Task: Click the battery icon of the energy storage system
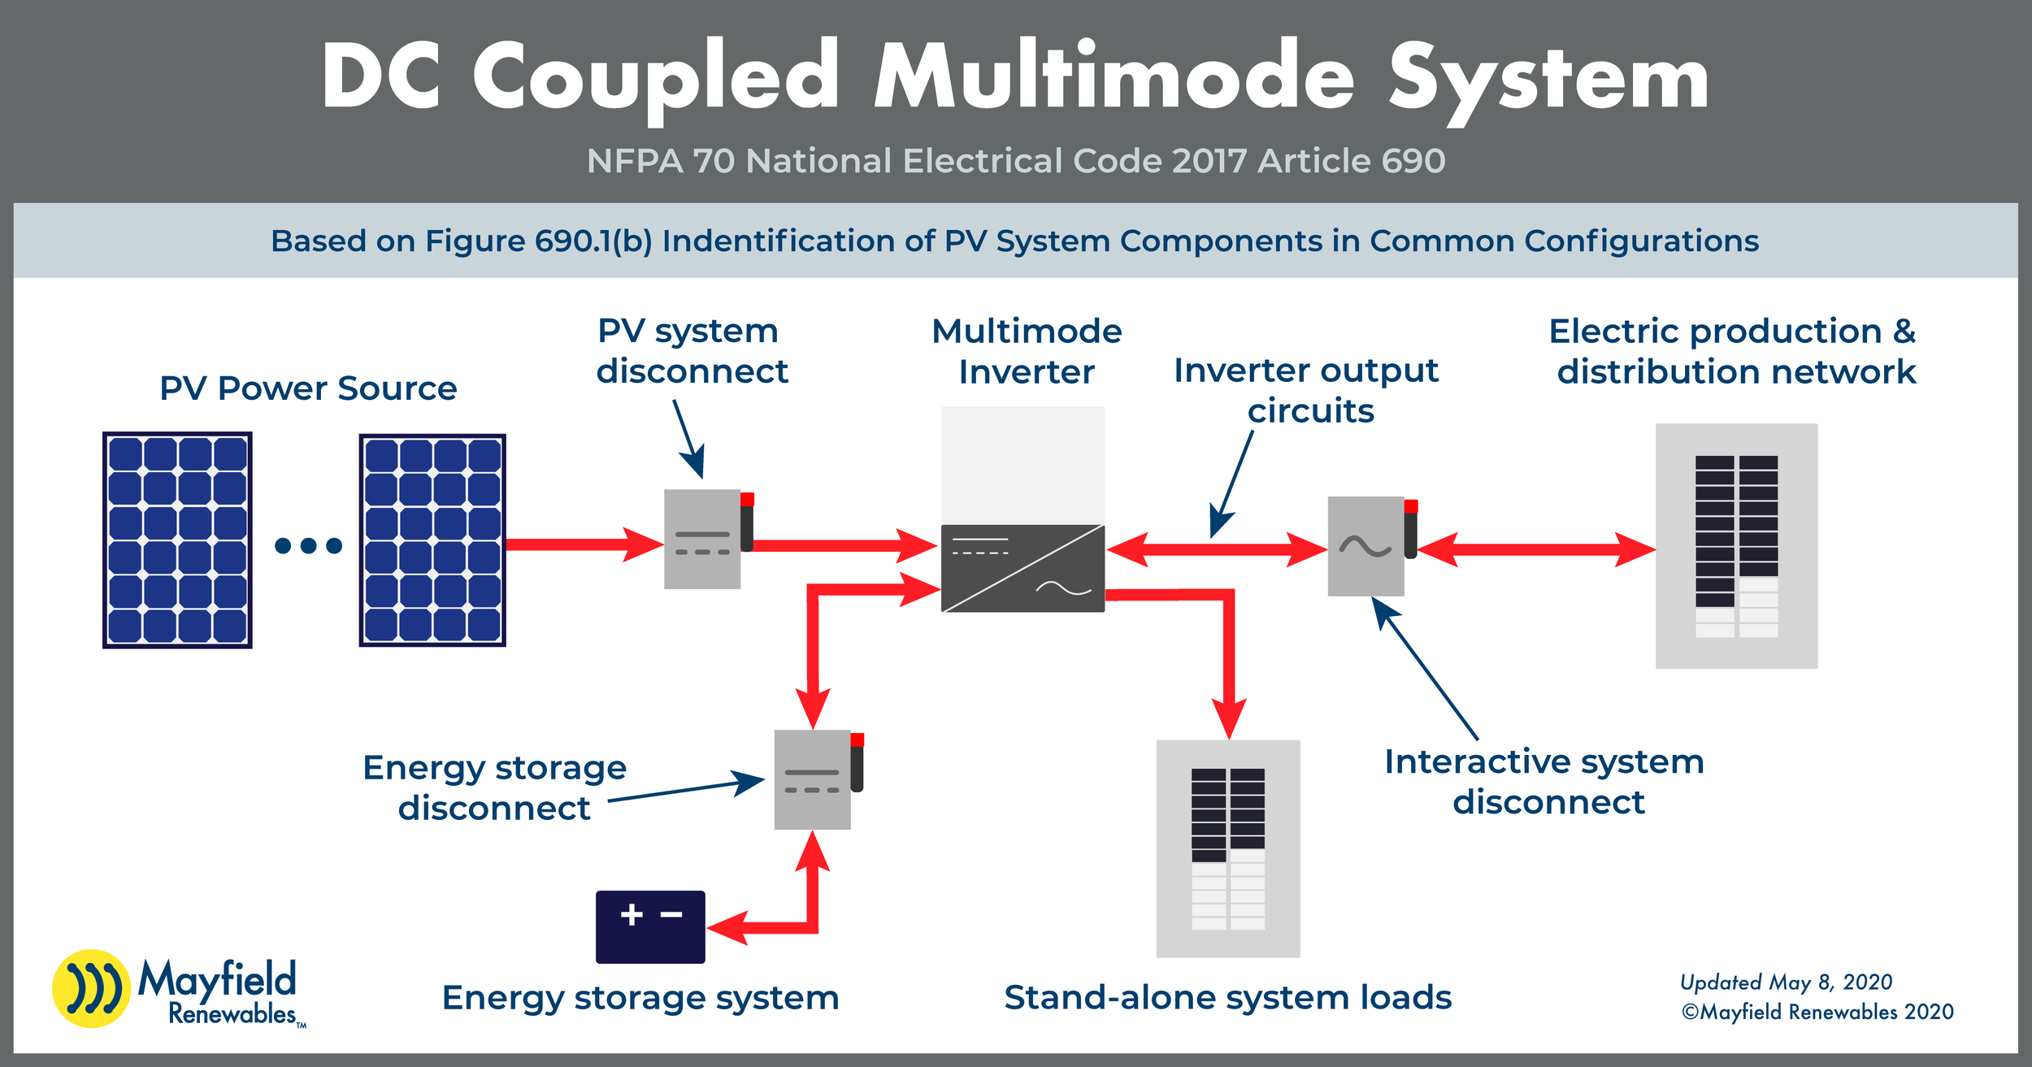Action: click(x=650, y=927)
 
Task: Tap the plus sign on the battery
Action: click(x=632, y=914)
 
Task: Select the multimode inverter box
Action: click(x=1023, y=510)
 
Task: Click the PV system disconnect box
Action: click(x=702, y=539)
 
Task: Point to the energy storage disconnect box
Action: click(x=812, y=779)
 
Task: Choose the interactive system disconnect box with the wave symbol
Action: click(x=1366, y=546)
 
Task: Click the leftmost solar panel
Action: click(x=177, y=540)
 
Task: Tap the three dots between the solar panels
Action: click(x=308, y=545)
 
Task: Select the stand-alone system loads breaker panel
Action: click(x=1228, y=848)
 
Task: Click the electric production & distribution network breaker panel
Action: click(x=1736, y=546)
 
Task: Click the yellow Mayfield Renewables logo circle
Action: click(x=91, y=988)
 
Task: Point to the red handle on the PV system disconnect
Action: click(x=747, y=500)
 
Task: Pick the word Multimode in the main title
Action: click(x=1114, y=77)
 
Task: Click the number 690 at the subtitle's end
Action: click(x=1413, y=161)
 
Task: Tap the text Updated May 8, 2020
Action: click(x=1786, y=982)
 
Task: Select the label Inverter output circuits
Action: click(x=1306, y=390)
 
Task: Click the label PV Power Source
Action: click(x=308, y=388)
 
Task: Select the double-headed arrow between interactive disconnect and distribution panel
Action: click(x=1536, y=549)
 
